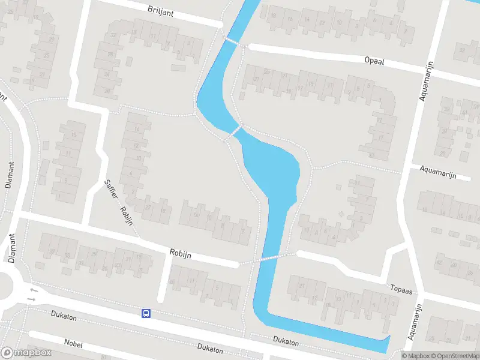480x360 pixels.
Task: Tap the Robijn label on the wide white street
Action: pyautogui.click(x=180, y=254)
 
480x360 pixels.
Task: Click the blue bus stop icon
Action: pyautogui.click(x=146, y=313)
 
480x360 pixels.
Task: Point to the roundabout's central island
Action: pyautogui.click(x=3, y=287)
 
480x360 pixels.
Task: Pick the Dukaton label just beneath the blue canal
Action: pyautogui.click(x=286, y=341)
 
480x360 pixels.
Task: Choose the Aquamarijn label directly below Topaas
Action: pyautogui.click(x=413, y=322)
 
